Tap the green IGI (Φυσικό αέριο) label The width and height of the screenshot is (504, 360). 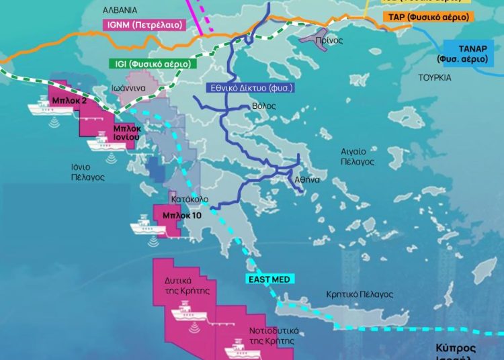[152, 64]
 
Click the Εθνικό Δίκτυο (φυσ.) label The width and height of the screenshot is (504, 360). [251, 88]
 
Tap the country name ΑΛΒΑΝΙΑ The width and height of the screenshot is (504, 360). [120, 10]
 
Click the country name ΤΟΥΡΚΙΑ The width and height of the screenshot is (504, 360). [435, 77]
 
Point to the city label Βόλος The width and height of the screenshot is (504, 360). [264, 106]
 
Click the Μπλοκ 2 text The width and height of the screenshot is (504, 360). [69, 100]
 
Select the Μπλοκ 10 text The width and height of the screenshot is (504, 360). [181, 216]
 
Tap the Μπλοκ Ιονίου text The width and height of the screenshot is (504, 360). [126, 132]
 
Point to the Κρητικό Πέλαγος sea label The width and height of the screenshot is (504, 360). [359, 294]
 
